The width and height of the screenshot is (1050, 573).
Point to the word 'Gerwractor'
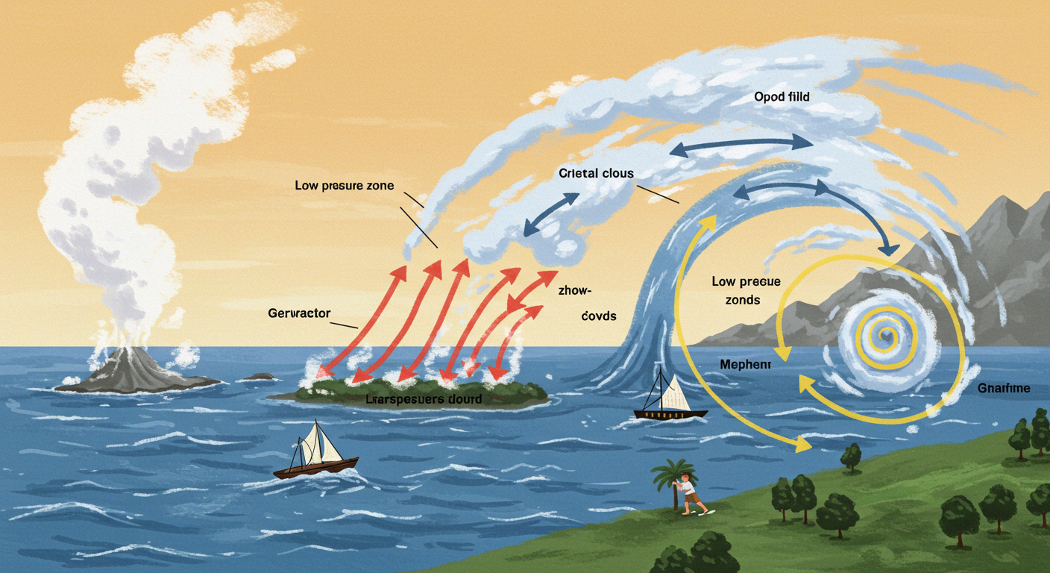click(298, 313)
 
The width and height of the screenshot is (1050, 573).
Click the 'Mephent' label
click(744, 364)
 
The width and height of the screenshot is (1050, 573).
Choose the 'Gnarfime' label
click(1003, 388)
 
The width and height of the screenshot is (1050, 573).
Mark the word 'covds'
click(600, 316)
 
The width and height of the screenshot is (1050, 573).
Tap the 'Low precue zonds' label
click(746, 291)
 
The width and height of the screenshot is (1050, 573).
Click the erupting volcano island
click(134, 369)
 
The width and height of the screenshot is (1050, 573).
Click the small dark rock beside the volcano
click(259, 376)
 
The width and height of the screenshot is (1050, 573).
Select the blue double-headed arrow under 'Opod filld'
click(741, 144)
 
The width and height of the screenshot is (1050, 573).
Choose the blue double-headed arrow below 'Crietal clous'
click(552, 215)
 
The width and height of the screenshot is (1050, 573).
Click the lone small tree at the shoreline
click(851, 455)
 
